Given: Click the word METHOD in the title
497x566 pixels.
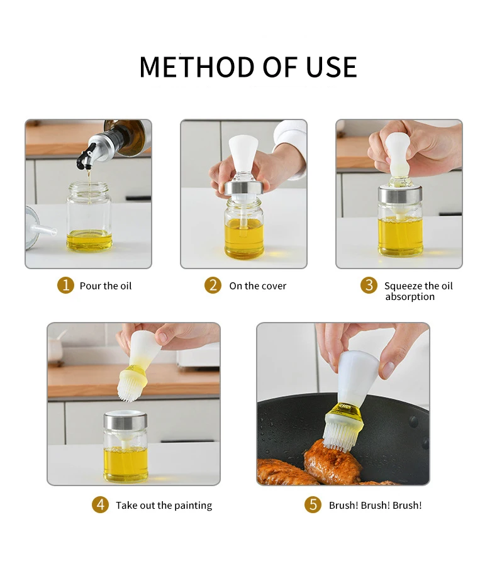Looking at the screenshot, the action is click(197, 67).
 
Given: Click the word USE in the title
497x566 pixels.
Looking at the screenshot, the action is click(332, 67).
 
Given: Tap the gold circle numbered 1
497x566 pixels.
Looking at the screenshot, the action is click(65, 285).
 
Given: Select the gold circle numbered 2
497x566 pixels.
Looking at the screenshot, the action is click(213, 285).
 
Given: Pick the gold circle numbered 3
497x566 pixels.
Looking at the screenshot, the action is click(369, 285).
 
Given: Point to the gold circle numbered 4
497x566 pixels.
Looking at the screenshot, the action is click(100, 504).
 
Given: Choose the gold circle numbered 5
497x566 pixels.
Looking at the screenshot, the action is click(313, 504).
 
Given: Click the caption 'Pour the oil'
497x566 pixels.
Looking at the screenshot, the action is click(106, 286).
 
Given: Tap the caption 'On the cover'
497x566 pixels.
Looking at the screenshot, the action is click(257, 286).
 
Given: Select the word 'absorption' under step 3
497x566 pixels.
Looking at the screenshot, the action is click(410, 297).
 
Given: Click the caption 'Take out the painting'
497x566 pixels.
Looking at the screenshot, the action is click(164, 506).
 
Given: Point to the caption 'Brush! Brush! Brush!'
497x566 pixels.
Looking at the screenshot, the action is click(376, 506).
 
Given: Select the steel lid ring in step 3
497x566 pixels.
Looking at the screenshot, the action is click(400, 194).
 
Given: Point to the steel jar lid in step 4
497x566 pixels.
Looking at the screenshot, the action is click(125, 421).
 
